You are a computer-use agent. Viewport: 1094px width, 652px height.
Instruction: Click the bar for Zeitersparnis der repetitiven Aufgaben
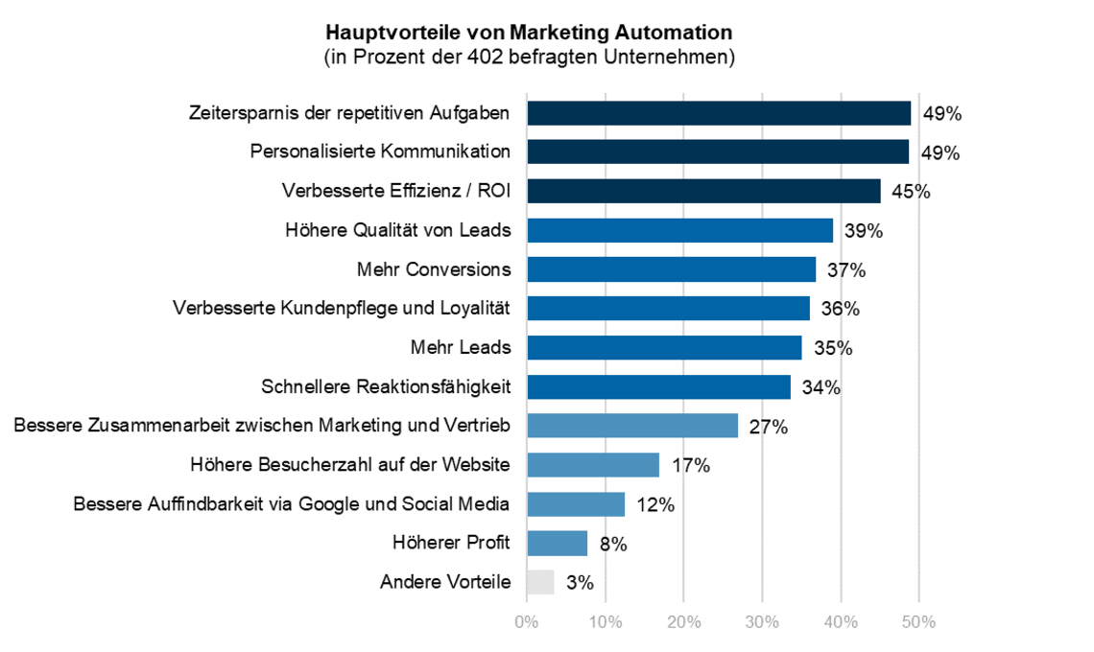(x=719, y=113)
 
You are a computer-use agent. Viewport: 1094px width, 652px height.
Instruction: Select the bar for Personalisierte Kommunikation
(x=718, y=151)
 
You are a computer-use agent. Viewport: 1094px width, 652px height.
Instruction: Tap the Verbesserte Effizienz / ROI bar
(x=703, y=191)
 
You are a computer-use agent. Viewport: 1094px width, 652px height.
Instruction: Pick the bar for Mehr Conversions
(x=671, y=269)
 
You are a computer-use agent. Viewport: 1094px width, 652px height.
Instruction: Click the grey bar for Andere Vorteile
(x=540, y=582)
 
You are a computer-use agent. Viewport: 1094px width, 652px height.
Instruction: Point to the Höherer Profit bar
(x=557, y=543)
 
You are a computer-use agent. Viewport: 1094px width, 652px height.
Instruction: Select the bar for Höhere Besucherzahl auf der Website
(x=593, y=465)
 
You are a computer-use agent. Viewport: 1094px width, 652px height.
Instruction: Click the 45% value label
(x=910, y=192)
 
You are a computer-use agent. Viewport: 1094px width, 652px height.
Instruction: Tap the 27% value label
(x=768, y=428)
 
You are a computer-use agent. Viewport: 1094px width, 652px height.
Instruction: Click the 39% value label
(x=863, y=231)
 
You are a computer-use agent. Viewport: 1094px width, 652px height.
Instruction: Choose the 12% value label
(x=654, y=505)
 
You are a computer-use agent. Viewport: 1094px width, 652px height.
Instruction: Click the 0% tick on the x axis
(x=527, y=622)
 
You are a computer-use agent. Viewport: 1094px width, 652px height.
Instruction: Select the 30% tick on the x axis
(x=762, y=622)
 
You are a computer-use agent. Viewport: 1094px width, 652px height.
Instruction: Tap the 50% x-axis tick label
(x=918, y=622)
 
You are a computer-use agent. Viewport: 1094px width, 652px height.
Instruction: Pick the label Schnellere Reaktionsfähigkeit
(x=386, y=386)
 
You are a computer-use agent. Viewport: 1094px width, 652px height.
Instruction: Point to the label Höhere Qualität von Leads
(x=397, y=230)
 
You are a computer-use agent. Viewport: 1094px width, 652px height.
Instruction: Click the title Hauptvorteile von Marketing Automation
(x=530, y=35)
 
